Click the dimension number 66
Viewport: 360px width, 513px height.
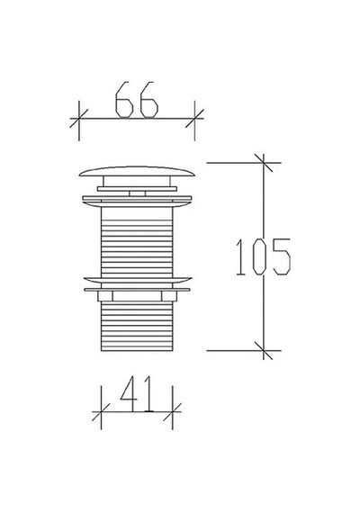click(137, 100)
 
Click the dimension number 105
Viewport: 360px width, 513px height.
click(263, 256)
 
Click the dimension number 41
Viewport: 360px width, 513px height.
click(137, 393)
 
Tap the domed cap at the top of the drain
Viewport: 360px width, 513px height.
click(137, 171)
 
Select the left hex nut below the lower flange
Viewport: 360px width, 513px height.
click(105, 296)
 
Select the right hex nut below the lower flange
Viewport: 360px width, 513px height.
click(169, 296)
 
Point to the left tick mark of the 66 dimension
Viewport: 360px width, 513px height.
click(79, 119)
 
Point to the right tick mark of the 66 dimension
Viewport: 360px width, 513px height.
click(194, 119)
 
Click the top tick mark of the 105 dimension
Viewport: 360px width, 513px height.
click(264, 163)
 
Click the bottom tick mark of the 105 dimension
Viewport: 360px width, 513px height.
click(264, 350)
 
